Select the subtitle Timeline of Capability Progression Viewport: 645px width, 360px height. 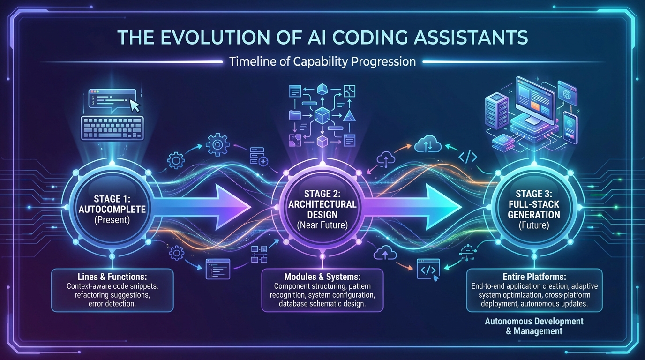322,61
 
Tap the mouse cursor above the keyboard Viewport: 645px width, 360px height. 135,105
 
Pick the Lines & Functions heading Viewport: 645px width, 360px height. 112,277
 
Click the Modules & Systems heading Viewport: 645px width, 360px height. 322,277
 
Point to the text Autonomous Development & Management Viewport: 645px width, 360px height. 534,326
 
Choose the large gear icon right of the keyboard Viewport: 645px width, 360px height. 217,145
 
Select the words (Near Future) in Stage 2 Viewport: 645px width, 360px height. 322,225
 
